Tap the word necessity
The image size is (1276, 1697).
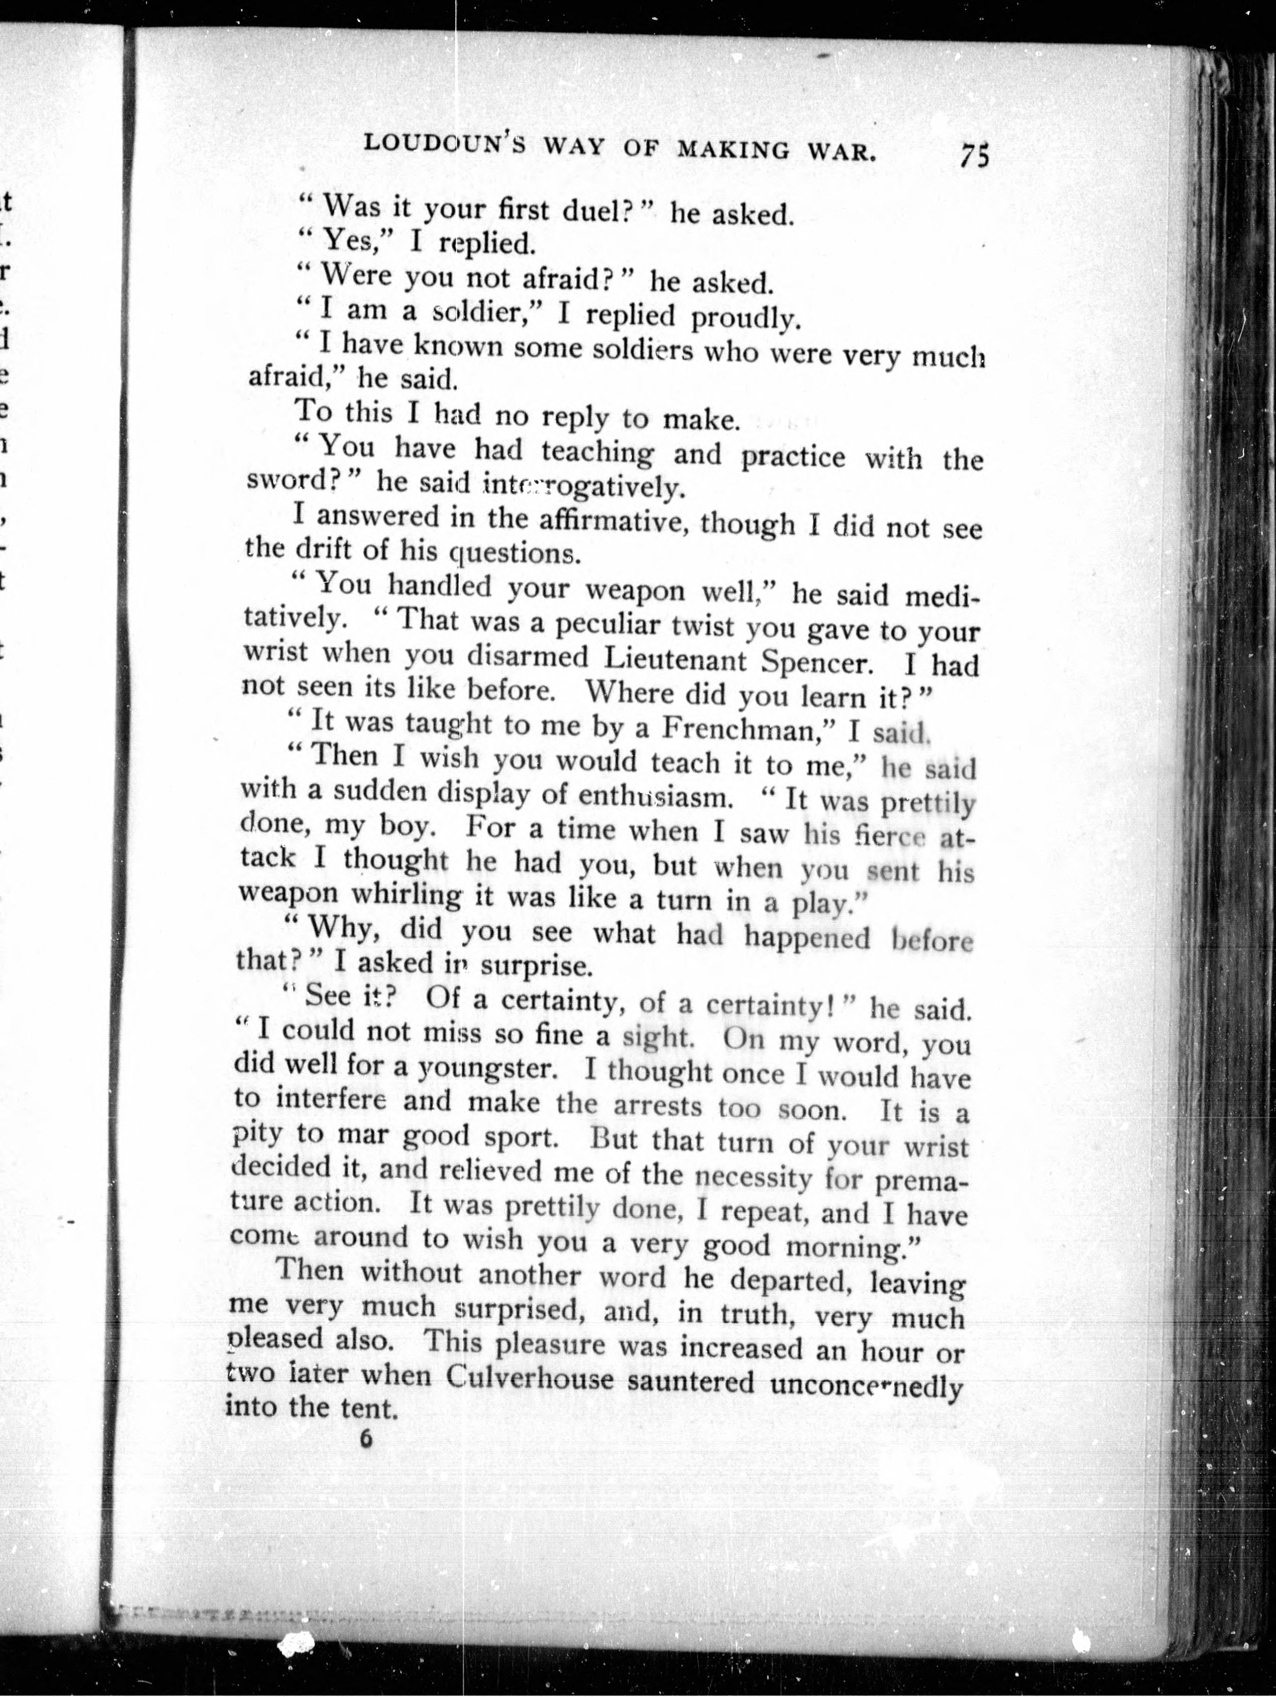click(x=752, y=1175)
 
